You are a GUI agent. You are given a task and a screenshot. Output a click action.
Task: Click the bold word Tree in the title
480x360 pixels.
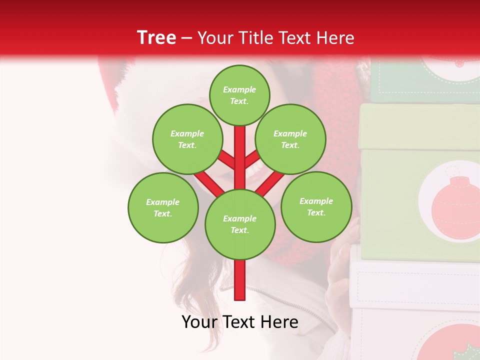156,37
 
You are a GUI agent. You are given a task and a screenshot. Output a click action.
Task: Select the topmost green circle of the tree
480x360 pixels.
239,95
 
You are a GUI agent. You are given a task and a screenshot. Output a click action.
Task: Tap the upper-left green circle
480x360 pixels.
187,139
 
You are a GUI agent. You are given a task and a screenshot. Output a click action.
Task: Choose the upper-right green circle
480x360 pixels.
290,139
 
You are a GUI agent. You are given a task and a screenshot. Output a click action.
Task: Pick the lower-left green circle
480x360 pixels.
163,207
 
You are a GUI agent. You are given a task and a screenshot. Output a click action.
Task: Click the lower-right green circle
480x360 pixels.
316,206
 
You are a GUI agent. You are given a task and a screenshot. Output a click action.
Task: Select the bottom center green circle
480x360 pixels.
240,224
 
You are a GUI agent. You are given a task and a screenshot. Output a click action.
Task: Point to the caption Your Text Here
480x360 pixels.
239,322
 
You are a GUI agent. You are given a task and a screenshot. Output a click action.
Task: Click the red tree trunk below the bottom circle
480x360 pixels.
240,280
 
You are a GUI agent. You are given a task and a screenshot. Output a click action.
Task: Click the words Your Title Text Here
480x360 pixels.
276,37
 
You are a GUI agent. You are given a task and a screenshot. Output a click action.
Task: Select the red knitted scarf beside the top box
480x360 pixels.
340,90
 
